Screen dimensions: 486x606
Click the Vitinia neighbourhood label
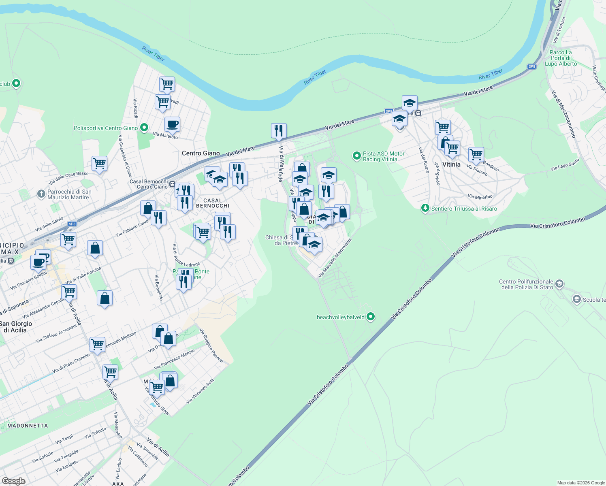(x=451, y=164)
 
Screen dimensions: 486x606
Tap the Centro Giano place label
(x=201, y=153)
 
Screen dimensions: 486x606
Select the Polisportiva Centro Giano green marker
(x=144, y=128)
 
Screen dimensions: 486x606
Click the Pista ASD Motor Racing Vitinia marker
(x=356, y=156)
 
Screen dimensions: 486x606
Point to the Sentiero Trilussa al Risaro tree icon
(x=425, y=208)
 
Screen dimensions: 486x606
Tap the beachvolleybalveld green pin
(x=371, y=317)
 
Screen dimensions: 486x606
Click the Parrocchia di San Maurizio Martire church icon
(x=41, y=194)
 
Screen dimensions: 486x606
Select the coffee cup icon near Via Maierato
(x=172, y=124)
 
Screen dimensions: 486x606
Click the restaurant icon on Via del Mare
(x=279, y=130)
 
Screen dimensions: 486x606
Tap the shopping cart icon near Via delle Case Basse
(x=99, y=164)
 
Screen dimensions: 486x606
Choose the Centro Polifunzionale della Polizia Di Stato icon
(x=559, y=283)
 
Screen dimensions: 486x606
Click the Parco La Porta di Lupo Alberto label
(x=561, y=58)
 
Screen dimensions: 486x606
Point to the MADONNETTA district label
(x=28, y=426)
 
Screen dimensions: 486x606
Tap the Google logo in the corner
(x=14, y=481)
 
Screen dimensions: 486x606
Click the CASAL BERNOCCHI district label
(x=213, y=203)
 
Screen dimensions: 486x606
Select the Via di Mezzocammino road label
(x=563, y=114)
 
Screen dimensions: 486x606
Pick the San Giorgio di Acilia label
(x=16, y=326)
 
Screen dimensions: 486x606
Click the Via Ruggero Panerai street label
(x=211, y=345)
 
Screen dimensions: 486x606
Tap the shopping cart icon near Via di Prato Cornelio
(x=97, y=345)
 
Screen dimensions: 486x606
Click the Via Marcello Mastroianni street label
(x=335, y=258)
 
